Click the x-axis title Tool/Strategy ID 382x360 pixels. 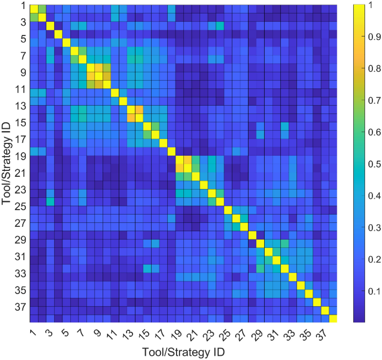(x=183, y=352)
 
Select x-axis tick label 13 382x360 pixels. (x=129, y=334)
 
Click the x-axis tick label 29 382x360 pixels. (x=259, y=334)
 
